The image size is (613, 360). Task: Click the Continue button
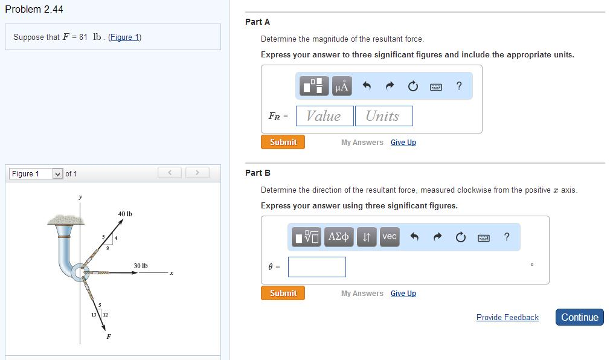(x=579, y=317)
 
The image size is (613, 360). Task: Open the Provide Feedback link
(x=507, y=317)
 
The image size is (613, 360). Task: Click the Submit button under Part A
(x=283, y=142)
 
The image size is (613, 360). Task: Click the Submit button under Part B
(x=283, y=293)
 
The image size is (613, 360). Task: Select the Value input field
(x=324, y=116)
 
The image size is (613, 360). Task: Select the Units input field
(x=384, y=116)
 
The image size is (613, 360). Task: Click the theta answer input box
(x=316, y=267)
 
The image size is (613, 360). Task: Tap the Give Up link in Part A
(x=403, y=143)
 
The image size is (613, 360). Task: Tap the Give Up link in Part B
(x=403, y=294)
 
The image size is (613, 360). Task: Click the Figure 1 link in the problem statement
(x=124, y=37)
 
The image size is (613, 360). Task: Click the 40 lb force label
(x=125, y=214)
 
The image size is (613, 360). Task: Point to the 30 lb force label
(x=141, y=266)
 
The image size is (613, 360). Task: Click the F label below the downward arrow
(x=109, y=336)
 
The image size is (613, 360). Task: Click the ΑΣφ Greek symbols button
(x=339, y=237)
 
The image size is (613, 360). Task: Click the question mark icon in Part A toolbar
(x=459, y=86)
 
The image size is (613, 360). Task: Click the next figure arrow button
(x=197, y=173)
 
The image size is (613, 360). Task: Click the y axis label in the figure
(x=80, y=197)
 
